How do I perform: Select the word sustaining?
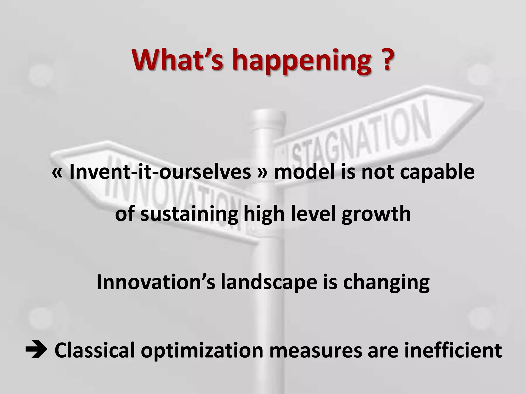189,215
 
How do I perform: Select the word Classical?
95,350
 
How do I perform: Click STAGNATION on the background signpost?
360,136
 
